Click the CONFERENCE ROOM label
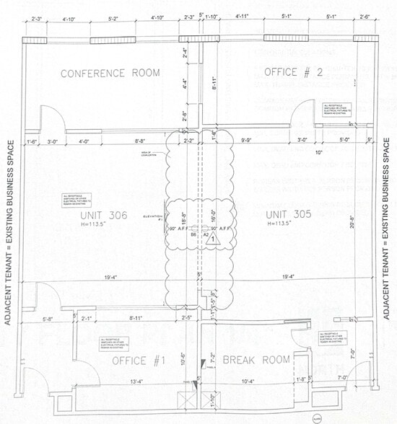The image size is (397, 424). pyautogui.click(x=110, y=73)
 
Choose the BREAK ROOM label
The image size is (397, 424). pyautogui.click(x=256, y=359)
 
